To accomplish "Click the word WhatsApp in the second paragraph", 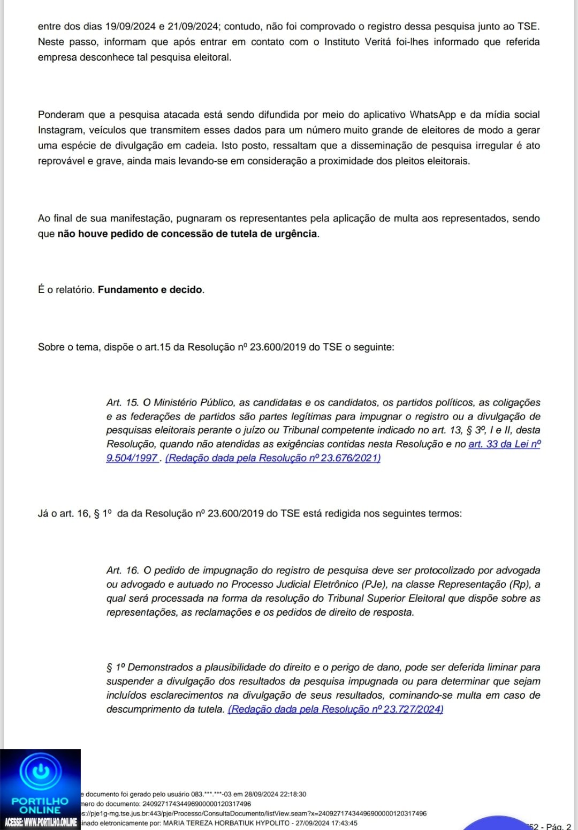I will (432, 115).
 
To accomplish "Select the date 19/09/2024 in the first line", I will (130, 26).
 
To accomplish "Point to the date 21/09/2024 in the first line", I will (193, 26).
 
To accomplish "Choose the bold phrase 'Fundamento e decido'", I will (150, 290).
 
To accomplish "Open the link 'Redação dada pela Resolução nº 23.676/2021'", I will (272, 458).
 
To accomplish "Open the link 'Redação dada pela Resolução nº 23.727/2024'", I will (336, 709).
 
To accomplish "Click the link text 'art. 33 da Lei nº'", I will (504, 444).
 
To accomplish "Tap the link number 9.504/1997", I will (132, 458).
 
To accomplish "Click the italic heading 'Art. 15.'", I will (123, 403).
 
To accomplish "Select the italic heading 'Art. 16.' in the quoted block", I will (123, 571).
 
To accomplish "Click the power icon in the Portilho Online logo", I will (41, 772).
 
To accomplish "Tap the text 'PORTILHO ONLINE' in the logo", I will (40, 805).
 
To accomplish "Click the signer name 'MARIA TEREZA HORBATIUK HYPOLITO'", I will (226, 823).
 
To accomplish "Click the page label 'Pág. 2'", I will (559, 826).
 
